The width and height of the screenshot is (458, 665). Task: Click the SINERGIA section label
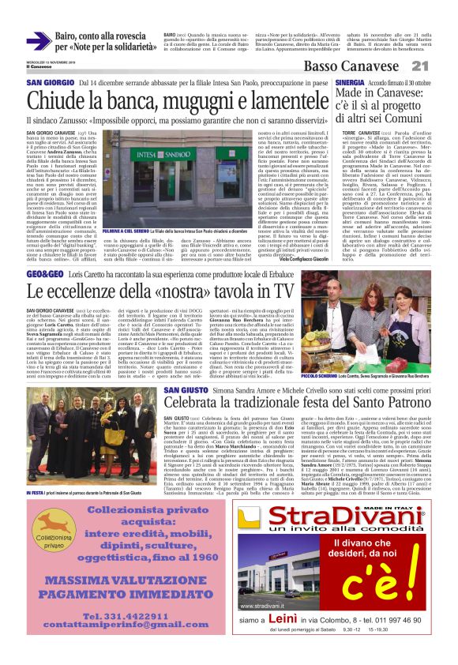coord(350,81)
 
